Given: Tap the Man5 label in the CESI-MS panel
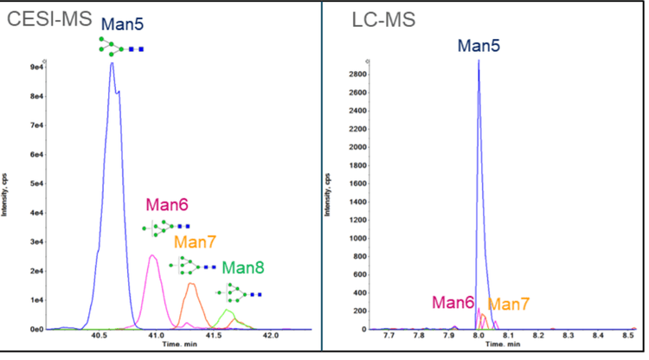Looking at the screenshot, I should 122,23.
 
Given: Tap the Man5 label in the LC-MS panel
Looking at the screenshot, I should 479,42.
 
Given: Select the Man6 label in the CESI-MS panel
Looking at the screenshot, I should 166,206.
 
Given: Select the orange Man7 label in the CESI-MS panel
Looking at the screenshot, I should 195,241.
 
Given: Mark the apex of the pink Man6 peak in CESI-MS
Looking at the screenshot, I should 152,255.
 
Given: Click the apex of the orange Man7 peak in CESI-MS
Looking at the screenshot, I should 192,283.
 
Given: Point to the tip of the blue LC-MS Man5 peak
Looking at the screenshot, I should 479,60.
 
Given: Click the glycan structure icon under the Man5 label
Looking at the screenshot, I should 120,47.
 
